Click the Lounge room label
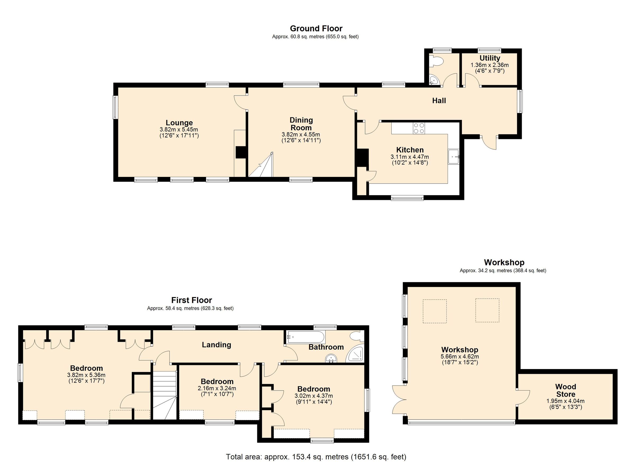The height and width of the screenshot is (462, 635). pos(179,123)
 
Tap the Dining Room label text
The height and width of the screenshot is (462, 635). pos(301,124)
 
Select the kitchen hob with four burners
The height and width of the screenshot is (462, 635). pos(419,128)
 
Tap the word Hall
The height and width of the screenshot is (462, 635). pos(439,101)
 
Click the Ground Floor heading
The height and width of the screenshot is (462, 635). pos(316,29)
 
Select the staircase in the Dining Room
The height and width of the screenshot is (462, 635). pos(262,167)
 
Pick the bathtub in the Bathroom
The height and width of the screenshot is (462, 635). pos(305,337)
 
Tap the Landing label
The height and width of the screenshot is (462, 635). pos(216,345)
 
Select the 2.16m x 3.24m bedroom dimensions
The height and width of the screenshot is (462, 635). pos(217,389)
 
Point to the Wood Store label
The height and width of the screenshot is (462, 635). pos(566,390)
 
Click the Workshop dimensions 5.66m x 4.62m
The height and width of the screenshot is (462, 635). pos(460,357)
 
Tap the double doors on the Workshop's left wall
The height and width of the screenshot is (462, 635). pos(399,400)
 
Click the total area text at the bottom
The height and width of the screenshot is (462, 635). pos(316,457)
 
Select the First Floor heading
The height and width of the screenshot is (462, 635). pos(192,300)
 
